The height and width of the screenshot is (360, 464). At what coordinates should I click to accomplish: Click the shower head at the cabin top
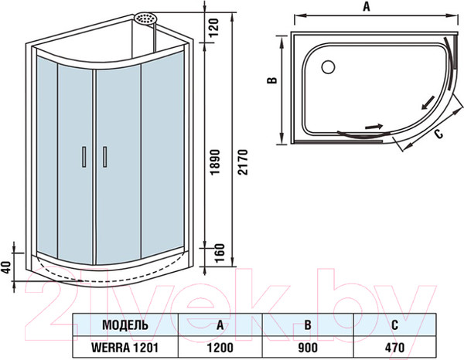tap(145, 18)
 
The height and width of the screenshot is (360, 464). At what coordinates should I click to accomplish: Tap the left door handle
tap(84, 157)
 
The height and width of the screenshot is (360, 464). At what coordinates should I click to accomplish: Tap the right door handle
tap(104, 157)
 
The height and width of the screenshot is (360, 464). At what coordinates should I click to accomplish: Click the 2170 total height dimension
tap(243, 162)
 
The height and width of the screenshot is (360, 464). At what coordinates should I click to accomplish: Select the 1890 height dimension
tap(216, 162)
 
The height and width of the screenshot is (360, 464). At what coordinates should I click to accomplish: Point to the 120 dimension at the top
tap(214, 27)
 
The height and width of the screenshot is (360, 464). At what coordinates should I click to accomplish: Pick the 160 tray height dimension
tap(220, 253)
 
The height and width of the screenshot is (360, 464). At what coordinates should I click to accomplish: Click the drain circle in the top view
tap(328, 66)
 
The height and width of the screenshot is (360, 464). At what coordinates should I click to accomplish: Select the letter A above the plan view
tap(367, 6)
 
